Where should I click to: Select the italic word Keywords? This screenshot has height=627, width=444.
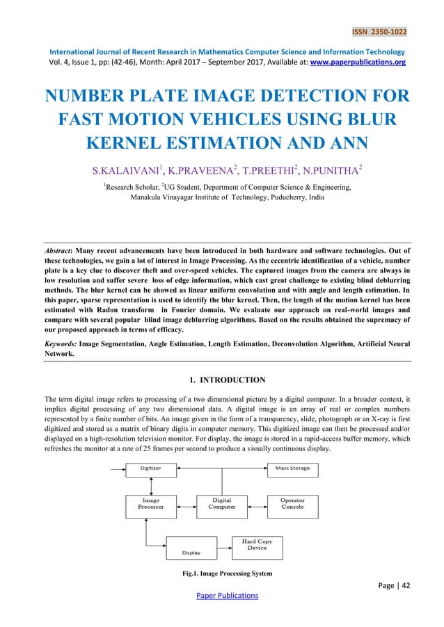(56, 343)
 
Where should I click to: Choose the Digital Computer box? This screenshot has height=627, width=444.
(221, 503)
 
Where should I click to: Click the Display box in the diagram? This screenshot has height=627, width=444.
(191, 548)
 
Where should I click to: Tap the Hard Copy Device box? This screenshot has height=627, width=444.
(257, 544)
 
